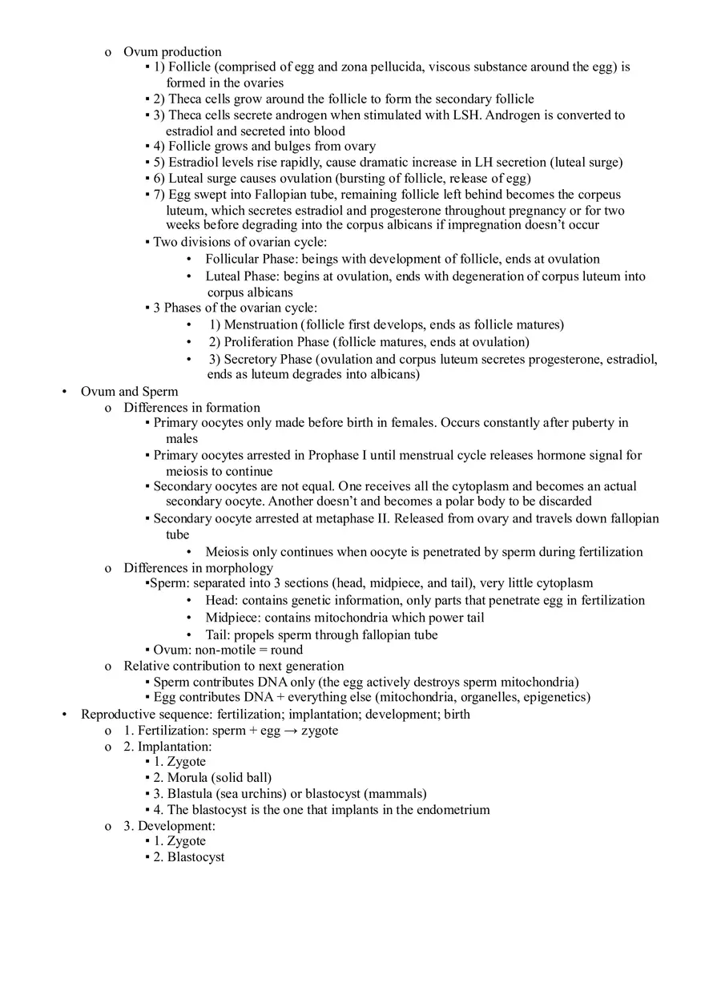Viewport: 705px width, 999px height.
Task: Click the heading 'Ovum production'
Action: point(172,52)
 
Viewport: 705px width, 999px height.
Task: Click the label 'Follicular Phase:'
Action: point(252,260)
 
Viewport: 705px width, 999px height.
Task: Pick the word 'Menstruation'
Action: point(260,325)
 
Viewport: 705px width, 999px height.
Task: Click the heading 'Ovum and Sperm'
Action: point(129,392)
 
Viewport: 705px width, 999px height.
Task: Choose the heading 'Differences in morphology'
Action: point(198,568)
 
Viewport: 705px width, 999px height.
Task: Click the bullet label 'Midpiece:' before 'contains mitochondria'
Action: point(233,618)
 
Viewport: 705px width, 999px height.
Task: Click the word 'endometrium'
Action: point(453,810)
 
